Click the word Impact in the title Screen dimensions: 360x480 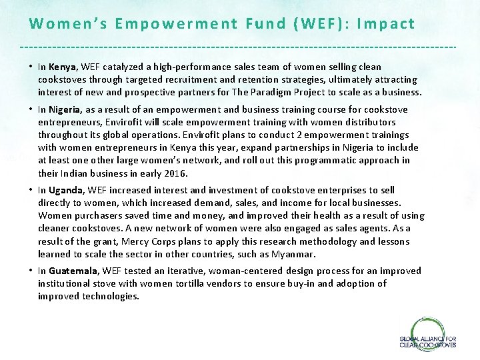386,24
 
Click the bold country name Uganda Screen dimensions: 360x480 66,190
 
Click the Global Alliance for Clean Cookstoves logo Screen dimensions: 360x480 427,335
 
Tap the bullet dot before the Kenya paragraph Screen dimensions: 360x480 31,67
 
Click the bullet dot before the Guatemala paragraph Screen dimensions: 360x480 31,271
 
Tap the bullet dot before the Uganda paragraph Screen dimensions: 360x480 31,190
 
